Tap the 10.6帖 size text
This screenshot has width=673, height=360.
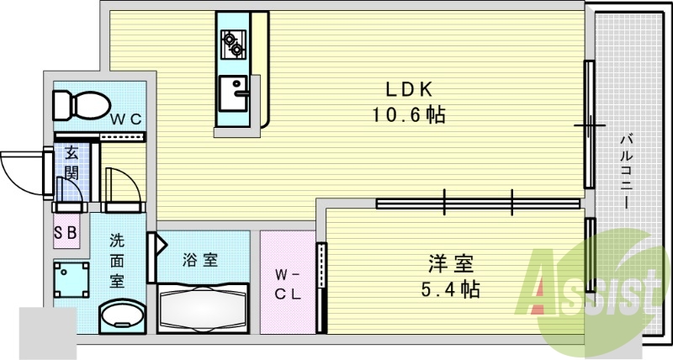pyautogui.click(x=409, y=115)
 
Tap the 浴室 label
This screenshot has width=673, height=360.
pyautogui.click(x=200, y=260)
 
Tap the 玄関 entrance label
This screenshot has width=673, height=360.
pyautogui.click(x=71, y=163)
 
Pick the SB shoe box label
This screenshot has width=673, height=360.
pyautogui.click(x=66, y=233)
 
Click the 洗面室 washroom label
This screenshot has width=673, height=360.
pyautogui.click(x=118, y=260)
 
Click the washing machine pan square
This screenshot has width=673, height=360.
pyautogui.click(x=72, y=278)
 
